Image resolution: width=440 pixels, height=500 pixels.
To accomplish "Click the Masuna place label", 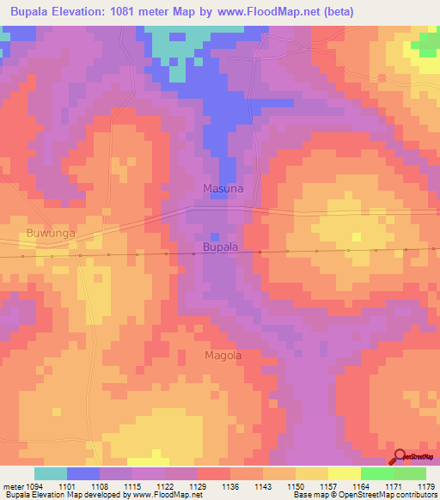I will pyautogui.click(x=223, y=187).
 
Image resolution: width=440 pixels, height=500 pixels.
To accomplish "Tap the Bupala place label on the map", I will pyautogui.click(x=220, y=247).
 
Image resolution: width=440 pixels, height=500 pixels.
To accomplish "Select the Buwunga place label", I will pyautogui.click(x=51, y=232).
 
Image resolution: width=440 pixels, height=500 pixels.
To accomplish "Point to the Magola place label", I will pyautogui.click(x=223, y=355).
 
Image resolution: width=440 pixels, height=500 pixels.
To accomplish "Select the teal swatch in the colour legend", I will pyautogui.click(x=51, y=473).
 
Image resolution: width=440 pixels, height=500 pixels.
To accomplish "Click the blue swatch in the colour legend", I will pyautogui.click(x=83, y=473).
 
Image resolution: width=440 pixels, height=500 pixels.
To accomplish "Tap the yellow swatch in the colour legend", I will pyautogui.click(x=345, y=473).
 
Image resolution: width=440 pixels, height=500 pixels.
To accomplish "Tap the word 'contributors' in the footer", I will pyautogui.click(x=415, y=496).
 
